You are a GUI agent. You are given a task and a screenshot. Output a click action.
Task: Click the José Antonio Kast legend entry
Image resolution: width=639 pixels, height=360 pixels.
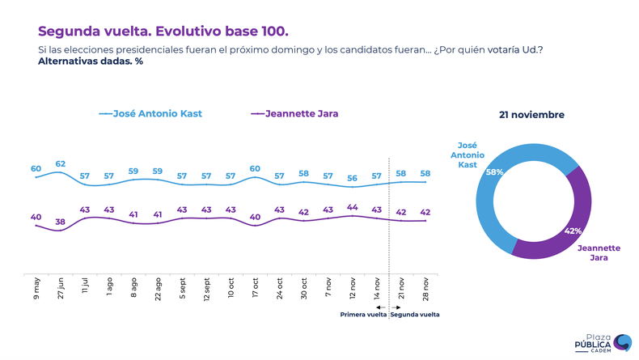150,114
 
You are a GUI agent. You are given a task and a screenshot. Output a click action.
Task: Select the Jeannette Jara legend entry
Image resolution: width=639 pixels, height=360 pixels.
294,114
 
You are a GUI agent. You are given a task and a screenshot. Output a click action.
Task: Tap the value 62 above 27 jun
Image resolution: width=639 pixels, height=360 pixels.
60,164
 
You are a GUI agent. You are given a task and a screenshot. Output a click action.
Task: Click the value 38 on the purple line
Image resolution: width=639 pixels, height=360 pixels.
60,222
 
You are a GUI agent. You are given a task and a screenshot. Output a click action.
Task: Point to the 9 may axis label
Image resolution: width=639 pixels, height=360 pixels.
36,287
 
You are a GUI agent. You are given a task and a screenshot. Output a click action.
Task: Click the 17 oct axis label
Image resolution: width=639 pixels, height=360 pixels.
255,288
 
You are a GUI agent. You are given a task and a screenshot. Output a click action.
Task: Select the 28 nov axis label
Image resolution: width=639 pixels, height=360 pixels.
425,288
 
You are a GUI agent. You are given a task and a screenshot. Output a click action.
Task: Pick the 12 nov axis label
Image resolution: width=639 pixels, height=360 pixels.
352,288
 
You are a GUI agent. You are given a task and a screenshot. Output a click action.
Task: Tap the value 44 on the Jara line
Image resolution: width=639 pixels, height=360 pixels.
352,207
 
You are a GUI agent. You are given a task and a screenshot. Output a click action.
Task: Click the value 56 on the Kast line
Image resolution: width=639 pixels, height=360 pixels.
352,178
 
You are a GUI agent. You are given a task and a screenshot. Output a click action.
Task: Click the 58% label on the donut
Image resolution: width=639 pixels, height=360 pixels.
495,172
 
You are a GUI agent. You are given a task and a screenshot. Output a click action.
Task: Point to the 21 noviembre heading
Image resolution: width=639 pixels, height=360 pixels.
531,115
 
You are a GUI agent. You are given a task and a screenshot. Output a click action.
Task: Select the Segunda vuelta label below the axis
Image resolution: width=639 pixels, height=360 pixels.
414,315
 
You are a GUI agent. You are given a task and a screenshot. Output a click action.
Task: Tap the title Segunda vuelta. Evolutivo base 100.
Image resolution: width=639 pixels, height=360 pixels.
163,32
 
